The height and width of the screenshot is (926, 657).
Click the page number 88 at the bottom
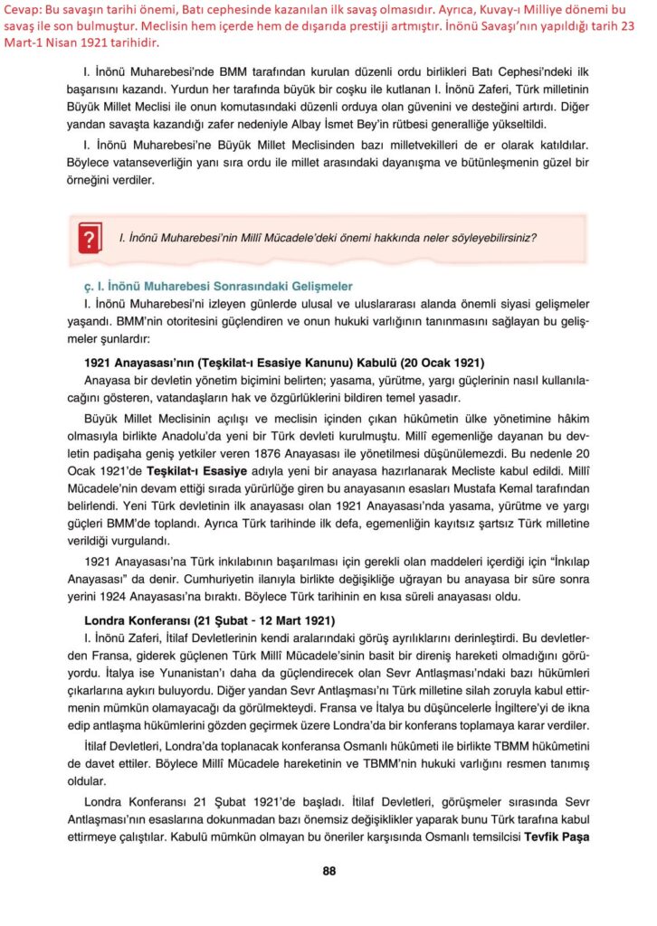(329, 871)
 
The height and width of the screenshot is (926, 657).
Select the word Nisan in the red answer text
(63, 43)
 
